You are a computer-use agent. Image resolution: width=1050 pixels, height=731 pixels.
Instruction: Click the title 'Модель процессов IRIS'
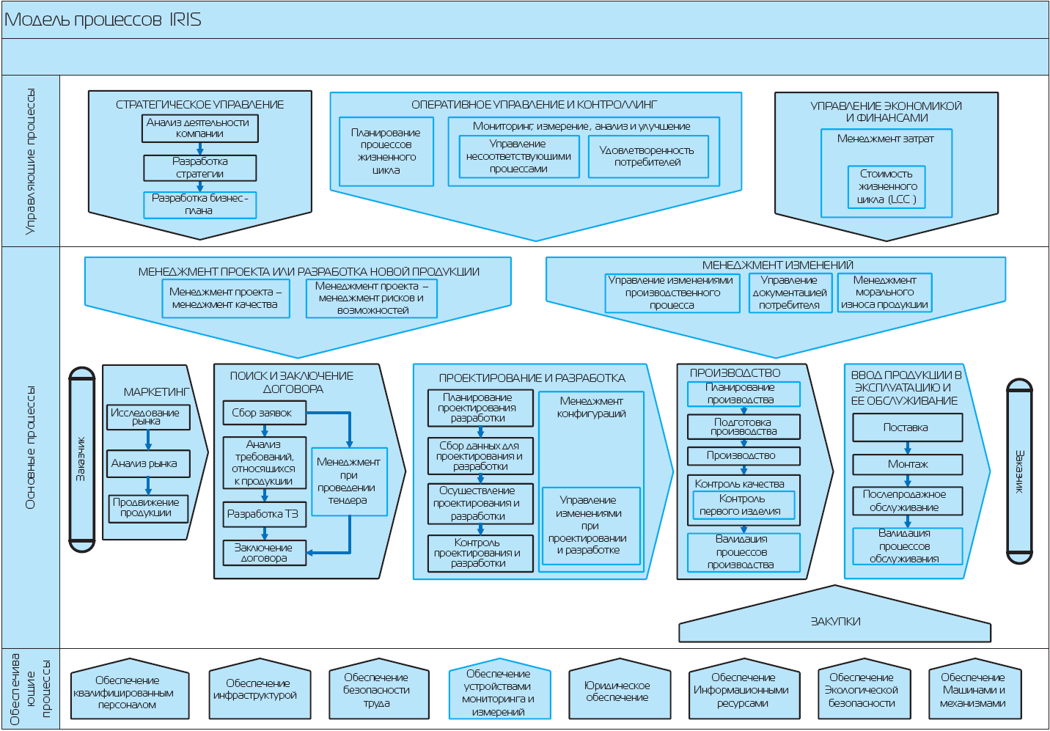103,20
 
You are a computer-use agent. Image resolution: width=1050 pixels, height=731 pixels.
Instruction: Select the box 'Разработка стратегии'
200,168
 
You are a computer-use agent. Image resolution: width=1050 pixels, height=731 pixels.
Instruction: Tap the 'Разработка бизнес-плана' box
200,205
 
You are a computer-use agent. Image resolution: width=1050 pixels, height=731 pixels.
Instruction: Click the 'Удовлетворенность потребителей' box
648,156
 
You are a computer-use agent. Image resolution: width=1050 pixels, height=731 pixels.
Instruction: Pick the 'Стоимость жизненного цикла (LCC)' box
886,187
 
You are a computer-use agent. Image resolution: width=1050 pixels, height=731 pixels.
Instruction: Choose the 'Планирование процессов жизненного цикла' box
386,152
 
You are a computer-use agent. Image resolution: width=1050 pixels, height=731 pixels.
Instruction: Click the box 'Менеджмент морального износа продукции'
885,293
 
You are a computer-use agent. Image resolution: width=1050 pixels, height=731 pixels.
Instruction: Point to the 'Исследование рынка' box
147,417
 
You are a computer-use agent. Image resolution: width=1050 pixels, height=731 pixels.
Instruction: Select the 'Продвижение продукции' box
147,508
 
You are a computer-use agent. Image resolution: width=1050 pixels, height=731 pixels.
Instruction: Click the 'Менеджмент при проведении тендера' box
349,481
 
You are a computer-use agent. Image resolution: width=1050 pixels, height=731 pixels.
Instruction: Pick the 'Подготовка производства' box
744,427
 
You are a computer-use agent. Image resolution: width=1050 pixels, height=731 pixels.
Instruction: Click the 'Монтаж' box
907,464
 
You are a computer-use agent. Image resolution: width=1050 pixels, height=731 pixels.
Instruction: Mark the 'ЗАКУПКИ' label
835,621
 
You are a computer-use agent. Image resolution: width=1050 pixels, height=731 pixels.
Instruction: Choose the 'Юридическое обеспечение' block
617,691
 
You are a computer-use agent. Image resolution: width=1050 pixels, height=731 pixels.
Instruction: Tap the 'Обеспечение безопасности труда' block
377,691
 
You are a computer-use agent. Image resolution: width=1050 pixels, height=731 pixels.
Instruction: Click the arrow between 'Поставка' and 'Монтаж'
907,448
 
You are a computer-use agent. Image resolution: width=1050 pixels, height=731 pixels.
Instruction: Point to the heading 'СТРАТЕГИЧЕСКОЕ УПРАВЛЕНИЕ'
199,105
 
